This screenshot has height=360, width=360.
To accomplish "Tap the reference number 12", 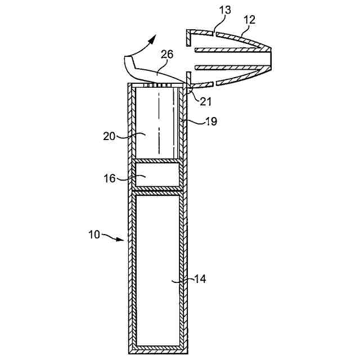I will (x=249, y=20).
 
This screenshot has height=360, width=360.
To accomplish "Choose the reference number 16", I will (x=110, y=178).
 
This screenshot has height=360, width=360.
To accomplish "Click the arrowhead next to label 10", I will (x=122, y=240).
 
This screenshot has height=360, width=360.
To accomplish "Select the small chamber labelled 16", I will (x=157, y=177).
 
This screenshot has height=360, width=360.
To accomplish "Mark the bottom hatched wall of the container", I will (x=157, y=350).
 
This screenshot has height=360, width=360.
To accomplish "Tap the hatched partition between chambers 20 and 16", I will (x=157, y=161).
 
